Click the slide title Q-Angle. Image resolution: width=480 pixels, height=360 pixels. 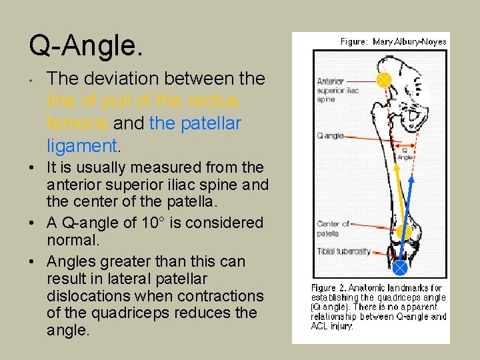point(85,46)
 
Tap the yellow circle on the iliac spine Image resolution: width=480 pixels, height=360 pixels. point(384,80)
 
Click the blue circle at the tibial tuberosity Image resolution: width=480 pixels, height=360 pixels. point(399,267)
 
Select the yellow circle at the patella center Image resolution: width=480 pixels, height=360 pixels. point(404,233)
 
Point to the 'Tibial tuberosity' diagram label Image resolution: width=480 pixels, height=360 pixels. point(343,251)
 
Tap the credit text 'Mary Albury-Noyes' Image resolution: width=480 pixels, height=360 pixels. point(409,41)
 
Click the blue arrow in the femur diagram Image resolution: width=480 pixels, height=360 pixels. point(407,213)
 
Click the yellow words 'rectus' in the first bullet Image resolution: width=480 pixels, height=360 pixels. point(214,101)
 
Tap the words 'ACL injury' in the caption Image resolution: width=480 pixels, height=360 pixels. point(331,325)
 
